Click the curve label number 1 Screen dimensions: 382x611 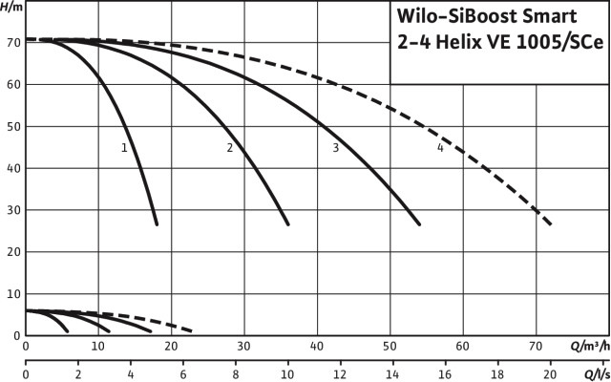click(x=124, y=148)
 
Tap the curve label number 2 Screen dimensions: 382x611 click(x=230, y=148)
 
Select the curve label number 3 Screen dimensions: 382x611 click(x=336, y=148)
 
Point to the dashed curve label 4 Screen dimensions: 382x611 click(x=440, y=148)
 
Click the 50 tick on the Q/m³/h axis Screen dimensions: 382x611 click(x=390, y=347)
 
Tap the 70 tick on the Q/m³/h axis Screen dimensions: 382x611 click(x=536, y=347)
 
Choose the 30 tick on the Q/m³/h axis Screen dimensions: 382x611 click(x=243, y=347)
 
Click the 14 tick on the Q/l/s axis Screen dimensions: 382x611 click(x=392, y=375)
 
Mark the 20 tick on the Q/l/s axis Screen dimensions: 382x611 click(x=549, y=375)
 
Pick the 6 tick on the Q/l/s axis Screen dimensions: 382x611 click(x=183, y=375)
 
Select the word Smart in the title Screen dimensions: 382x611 click(x=563, y=19)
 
